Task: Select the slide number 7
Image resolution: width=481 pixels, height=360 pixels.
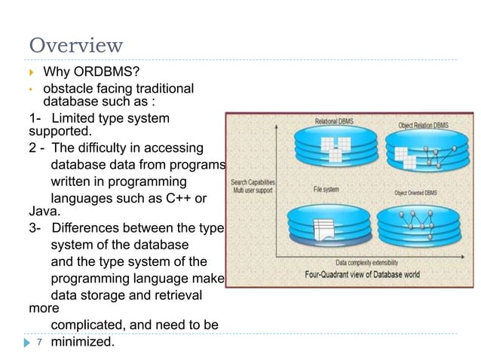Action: click(x=38, y=342)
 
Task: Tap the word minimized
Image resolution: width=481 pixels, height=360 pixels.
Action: click(x=82, y=342)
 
